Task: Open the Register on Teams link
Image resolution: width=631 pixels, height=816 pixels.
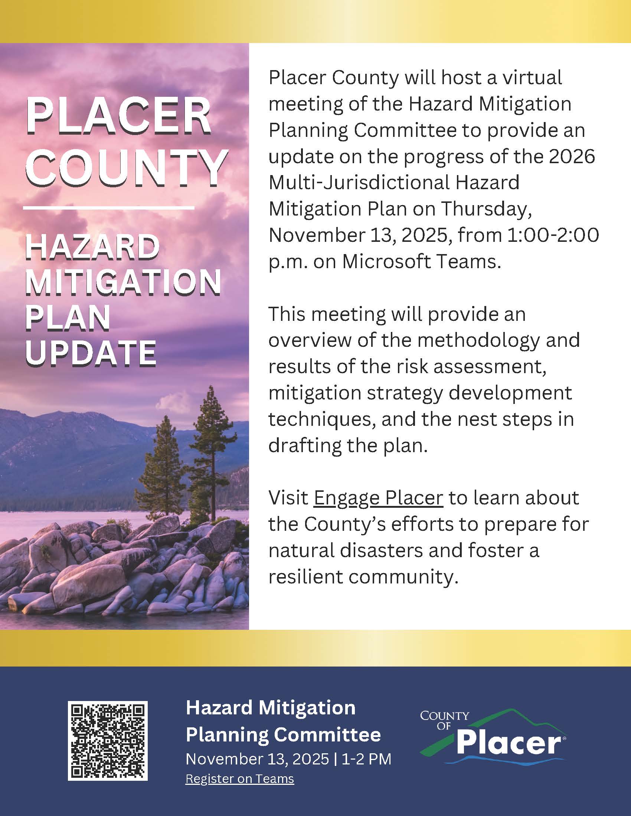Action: [x=240, y=779]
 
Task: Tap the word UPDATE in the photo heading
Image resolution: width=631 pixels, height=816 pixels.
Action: [x=91, y=353]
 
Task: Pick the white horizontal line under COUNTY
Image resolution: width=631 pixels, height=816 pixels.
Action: [x=109, y=207]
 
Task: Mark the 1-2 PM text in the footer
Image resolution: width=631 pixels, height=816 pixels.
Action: [x=366, y=759]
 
